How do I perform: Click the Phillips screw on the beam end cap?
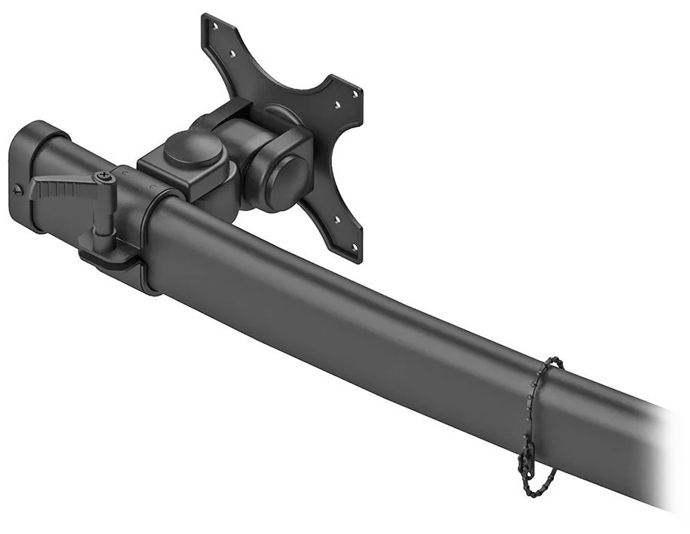(19, 188)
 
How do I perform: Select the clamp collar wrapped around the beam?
(150, 241)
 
